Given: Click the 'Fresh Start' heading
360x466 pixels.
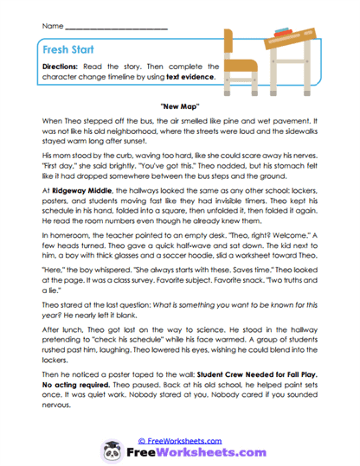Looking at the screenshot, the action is click(65, 49).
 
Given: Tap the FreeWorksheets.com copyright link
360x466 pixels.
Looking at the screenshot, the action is click(184, 428).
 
